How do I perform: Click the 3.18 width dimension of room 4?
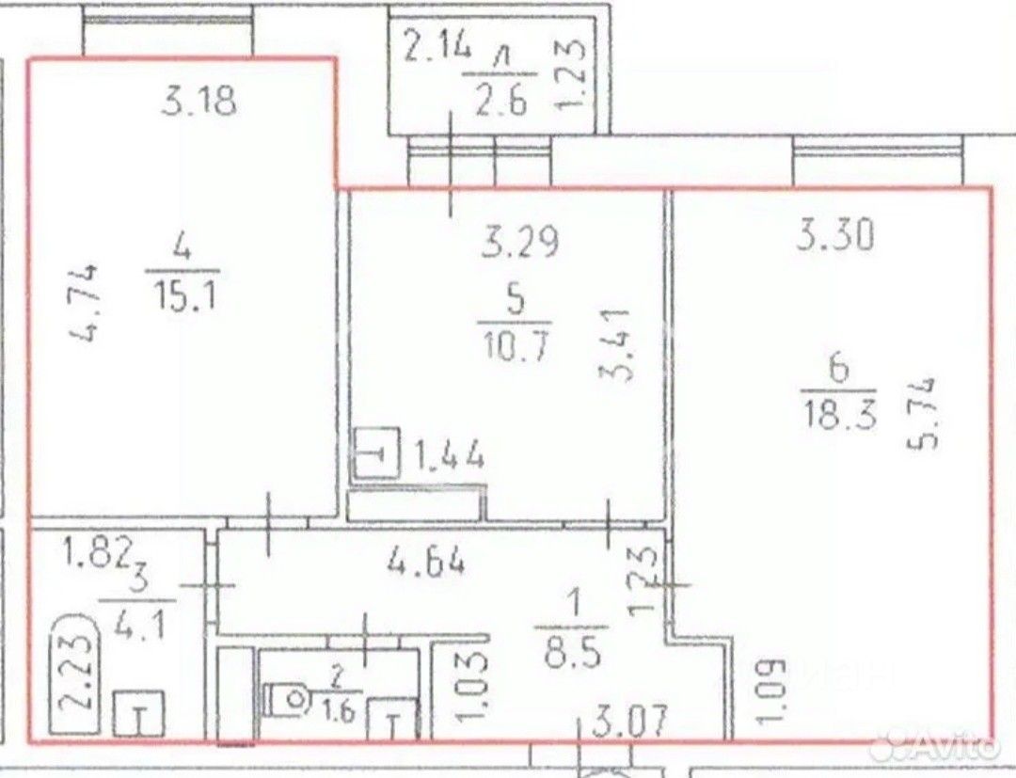pyautogui.click(x=198, y=102)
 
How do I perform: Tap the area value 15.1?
pyautogui.click(x=184, y=298)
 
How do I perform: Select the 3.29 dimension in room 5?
pyautogui.click(x=520, y=244)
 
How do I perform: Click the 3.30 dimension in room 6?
pyautogui.click(x=834, y=235)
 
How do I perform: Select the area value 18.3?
pyautogui.click(x=840, y=415)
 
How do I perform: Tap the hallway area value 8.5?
pyautogui.click(x=573, y=654)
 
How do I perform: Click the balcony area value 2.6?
pyautogui.click(x=500, y=102)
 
